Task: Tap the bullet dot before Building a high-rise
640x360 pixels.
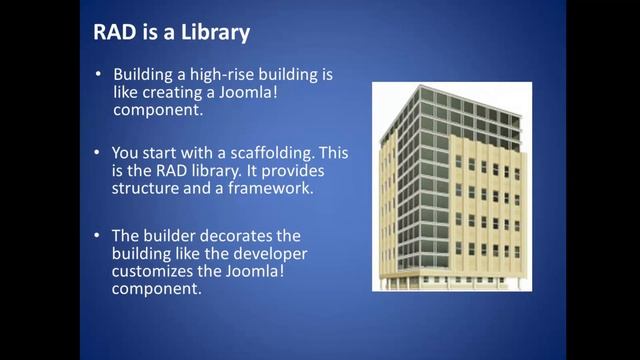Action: tap(98, 76)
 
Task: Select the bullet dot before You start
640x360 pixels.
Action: tap(98, 153)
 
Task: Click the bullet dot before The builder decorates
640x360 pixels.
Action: tap(98, 236)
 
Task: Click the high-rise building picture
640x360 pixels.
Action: tap(447, 186)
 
